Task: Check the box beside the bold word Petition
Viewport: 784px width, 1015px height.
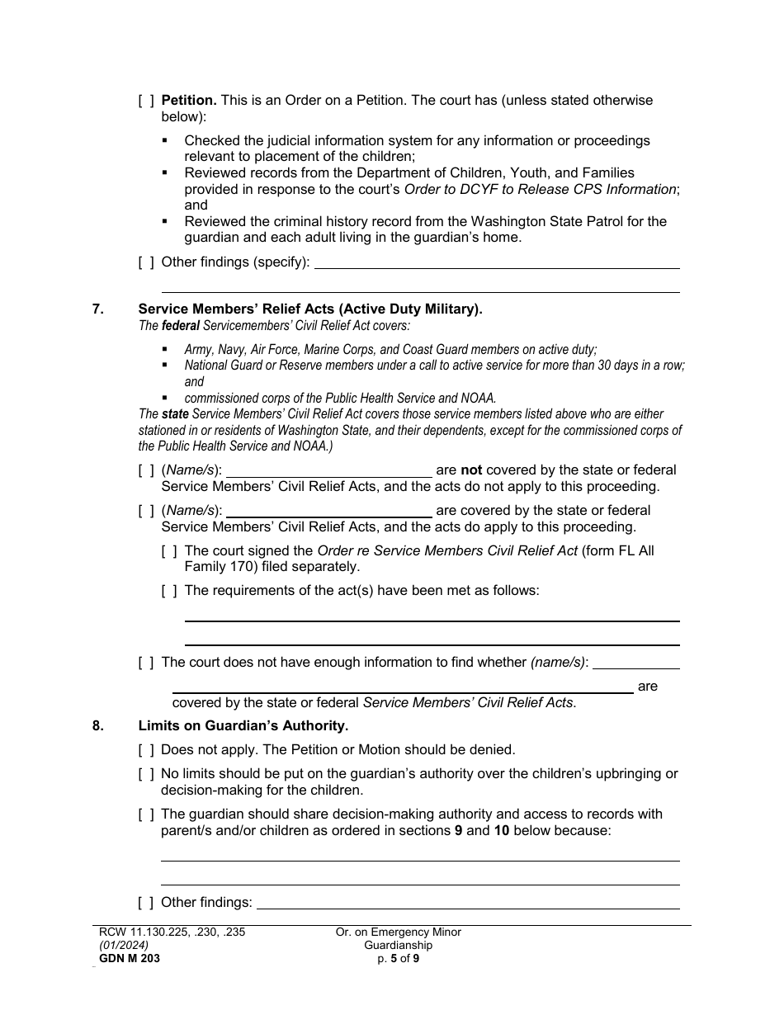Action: [146, 101]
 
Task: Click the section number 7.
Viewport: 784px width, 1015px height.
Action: [98, 309]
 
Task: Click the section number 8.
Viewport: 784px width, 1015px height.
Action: [98, 726]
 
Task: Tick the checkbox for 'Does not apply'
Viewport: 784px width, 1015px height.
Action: [146, 750]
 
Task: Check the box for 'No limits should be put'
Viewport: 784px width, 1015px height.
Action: [146, 774]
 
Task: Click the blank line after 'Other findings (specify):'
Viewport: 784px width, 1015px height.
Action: [497, 262]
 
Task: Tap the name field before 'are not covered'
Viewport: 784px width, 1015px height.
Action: [328, 470]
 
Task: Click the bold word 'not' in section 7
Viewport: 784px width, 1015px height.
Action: [471, 470]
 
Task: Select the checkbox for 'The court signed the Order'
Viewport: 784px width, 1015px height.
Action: [169, 551]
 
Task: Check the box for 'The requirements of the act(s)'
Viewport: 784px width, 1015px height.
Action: [169, 591]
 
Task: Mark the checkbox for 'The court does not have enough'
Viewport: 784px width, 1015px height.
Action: [146, 663]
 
